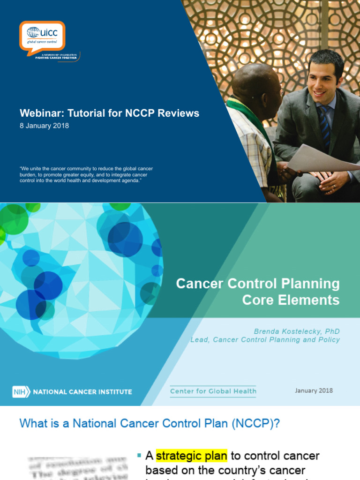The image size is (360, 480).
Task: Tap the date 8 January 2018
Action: click(x=44, y=126)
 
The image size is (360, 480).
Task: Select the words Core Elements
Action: click(x=291, y=300)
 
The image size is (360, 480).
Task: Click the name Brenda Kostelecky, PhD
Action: click(x=297, y=331)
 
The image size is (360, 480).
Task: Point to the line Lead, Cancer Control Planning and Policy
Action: click(x=265, y=339)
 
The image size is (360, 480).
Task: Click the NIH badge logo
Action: click(x=21, y=391)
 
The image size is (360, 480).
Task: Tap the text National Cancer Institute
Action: click(x=82, y=391)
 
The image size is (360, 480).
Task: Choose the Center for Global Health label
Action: click(x=213, y=391)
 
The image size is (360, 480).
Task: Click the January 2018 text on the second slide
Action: click(x=314, y=390)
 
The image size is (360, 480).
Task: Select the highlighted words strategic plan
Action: click(x=191, y=456)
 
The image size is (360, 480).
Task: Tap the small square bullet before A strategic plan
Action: click(x=139, y=455)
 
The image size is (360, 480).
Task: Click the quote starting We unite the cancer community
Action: click(x=86, y=174)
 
